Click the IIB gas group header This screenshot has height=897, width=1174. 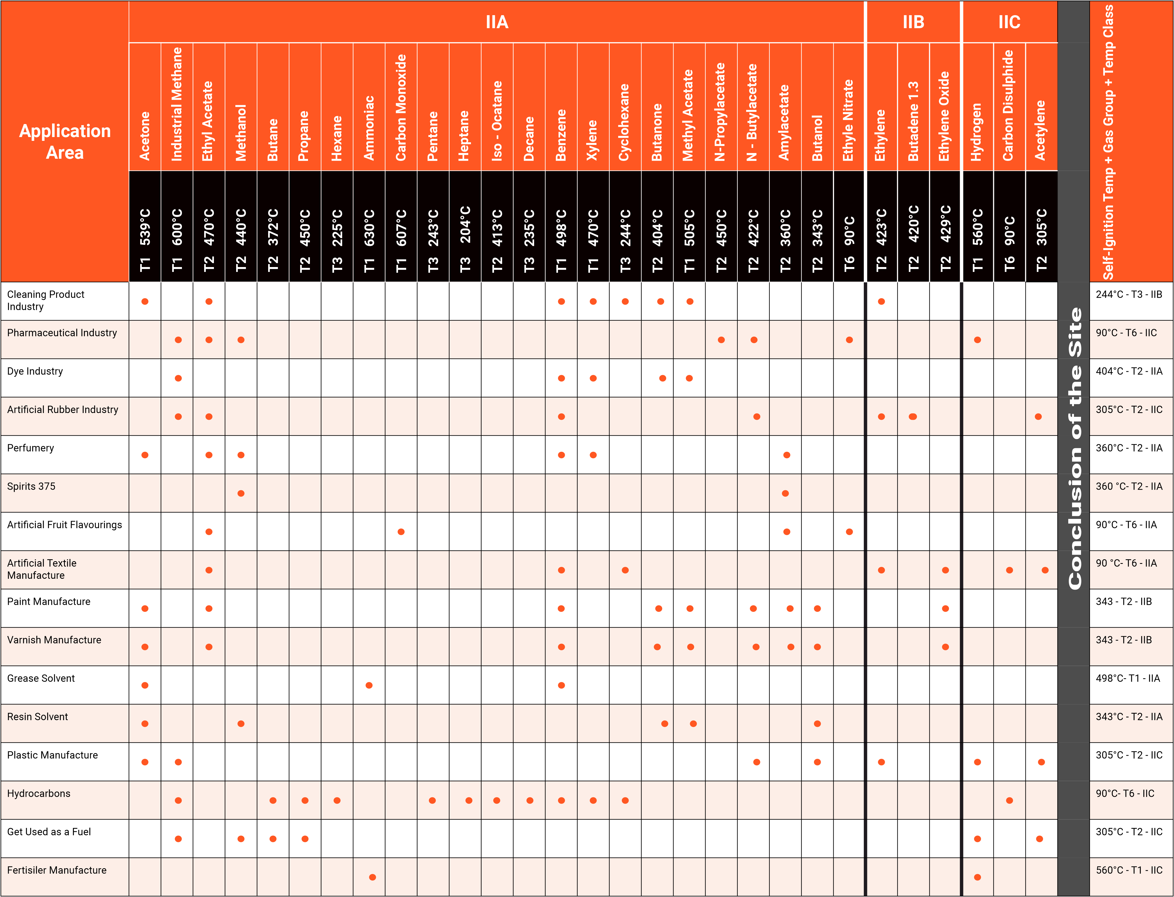pyautogui.click(x=913, y=22)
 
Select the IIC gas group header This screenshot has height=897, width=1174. pyautogui.click(x=1009, y=22)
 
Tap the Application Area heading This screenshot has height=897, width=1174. pyautogui.click(x=65, y=141)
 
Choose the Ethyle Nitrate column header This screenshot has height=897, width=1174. pyautogui.click(x=849, y=120)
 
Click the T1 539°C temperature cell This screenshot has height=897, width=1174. pyautogui.click(x=145, y=240)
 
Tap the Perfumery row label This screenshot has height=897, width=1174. pyautogui.click(x=30, y=448)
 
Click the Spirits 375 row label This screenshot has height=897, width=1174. pyautogui.click(x=31, y=486)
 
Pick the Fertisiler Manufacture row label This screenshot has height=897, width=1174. pyautogui.click(x=57, y=870)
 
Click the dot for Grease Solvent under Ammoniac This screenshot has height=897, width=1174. pyautogui.click(x=369, y=685)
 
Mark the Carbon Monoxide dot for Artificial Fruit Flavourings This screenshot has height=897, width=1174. pyautogui.click(x=401, y=532)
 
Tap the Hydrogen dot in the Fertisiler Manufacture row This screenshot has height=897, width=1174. pyautogui.click(x=977, y=877)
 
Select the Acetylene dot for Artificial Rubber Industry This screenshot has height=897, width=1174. pyautogui.click(x=1038, y=417)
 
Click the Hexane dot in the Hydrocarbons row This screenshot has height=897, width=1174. pyautogui.click(x=337, y=800)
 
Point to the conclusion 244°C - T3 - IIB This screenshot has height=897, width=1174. pyautogui.click(x=1128, y=294)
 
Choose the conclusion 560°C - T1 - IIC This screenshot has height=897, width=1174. pyautogui.click(x=1128, y=870)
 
